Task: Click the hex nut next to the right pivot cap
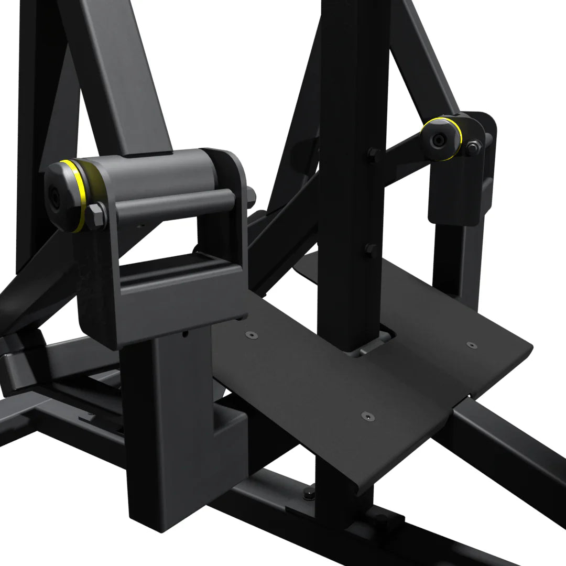click(473, 147)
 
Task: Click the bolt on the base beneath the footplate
click(310, 493)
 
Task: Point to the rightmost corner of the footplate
click(530, 346)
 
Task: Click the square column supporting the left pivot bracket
click(162, 419)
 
